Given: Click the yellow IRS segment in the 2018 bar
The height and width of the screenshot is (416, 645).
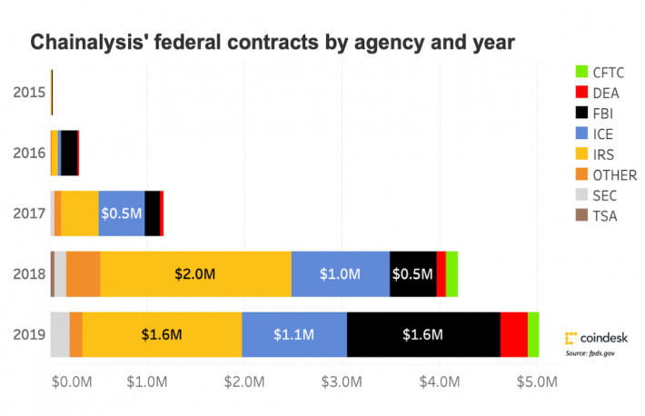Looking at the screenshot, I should coord(195,273).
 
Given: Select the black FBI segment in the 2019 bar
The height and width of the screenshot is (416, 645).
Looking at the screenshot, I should coord(423,334).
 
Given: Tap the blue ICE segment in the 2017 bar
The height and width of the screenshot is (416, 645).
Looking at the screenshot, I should coord(121,213).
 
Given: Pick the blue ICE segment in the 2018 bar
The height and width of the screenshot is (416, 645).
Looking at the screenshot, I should coord(341,273).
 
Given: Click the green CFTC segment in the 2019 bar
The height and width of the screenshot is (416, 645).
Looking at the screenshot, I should coord(533,334).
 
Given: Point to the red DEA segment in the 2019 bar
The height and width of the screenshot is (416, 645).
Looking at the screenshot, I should coord(513,334).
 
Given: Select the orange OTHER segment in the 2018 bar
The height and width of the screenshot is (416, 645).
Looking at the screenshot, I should coord(83,273).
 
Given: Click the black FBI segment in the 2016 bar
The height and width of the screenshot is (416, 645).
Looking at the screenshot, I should coord(69,153).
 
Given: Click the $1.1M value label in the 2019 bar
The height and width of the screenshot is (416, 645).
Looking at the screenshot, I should coord(293,335).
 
